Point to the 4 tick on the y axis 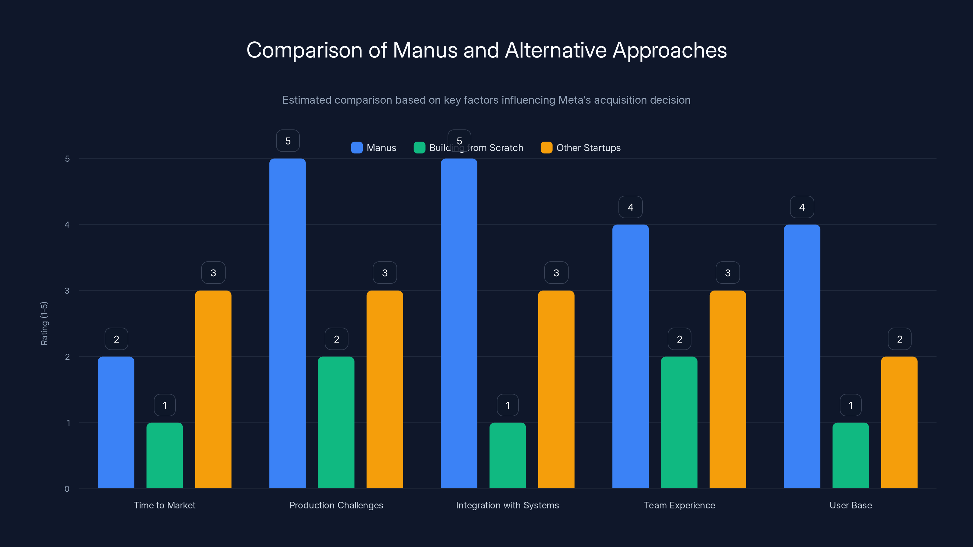point(67,225)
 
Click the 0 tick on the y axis point(67,489)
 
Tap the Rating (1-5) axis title point(44,323)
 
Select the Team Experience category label point(679,505)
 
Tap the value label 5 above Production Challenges point(288,141)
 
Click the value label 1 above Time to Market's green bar point(165,405)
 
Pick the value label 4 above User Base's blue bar point(802,207)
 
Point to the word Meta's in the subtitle point(574,100)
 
